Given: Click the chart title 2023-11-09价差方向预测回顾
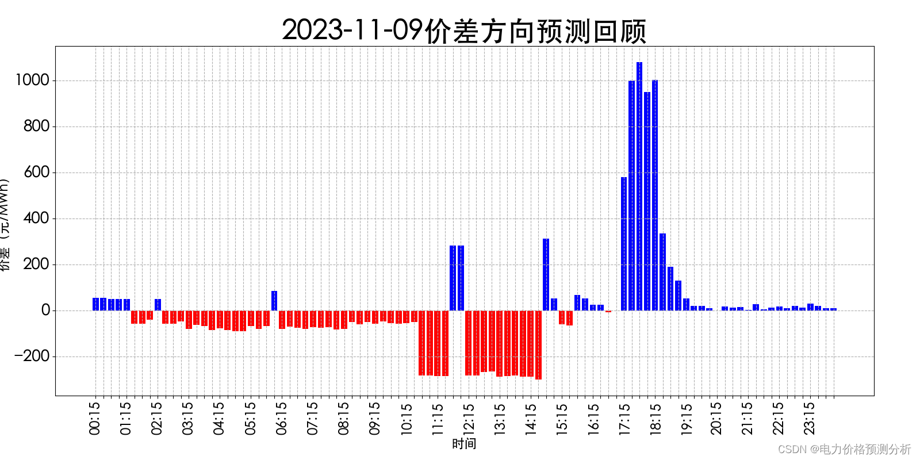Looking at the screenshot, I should coord(464,30).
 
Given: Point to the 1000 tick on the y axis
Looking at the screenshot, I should coord(32,80).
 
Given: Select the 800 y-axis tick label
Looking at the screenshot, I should coord(36,126).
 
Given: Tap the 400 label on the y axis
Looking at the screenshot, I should coord(36,218).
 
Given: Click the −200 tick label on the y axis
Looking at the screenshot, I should coord(32,356).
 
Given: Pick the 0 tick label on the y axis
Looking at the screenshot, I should coord(45,310).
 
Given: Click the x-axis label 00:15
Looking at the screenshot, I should coord(95,418).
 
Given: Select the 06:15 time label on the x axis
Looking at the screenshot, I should coord(281,418).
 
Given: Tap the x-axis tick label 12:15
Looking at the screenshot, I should coord(468,418).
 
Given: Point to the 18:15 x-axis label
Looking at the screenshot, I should coord(655,418).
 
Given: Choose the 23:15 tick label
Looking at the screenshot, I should coord(810,418).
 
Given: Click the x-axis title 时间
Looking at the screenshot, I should coord(464,444).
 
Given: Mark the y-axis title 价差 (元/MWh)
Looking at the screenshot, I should coord(5,224).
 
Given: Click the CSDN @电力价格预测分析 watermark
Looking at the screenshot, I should coord(844,449).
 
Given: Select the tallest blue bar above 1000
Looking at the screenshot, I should coord(639,186).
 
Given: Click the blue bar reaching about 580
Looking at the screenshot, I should coord(624,244).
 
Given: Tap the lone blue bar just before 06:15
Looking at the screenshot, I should coord(274,301).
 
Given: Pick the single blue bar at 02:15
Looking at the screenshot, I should coord(158,305).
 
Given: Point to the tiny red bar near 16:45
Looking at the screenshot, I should coord(608,311).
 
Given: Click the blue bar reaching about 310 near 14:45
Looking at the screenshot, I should coord(546,275).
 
